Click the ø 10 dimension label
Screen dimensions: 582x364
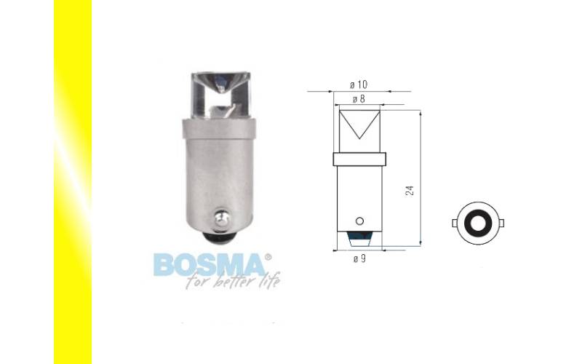tap(358, 84)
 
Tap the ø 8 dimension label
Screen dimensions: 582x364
tap(359, 99)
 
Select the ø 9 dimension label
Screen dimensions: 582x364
tap(359, 258)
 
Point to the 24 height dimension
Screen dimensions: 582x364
tap(410, 191)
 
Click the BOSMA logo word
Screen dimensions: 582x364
tap(210, 265)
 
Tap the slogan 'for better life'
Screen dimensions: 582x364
tap(233, 280)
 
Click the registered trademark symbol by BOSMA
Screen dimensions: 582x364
tap(268, 257)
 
